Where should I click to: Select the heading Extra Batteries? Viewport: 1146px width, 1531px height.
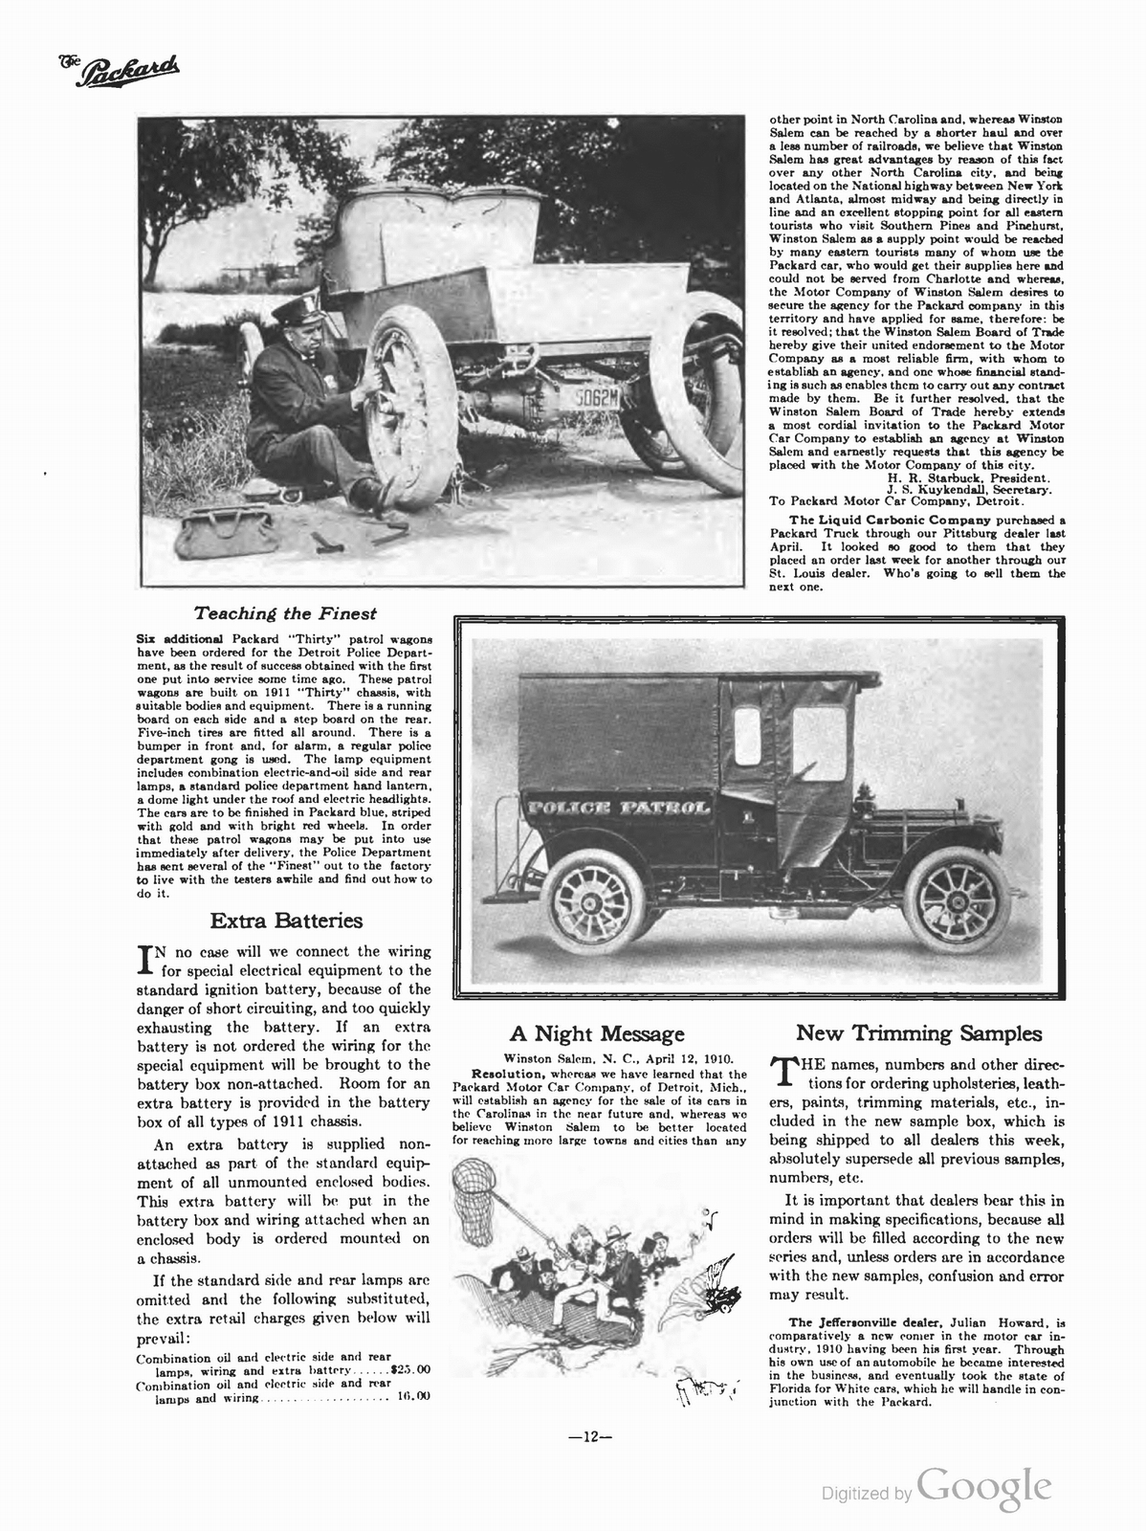286,921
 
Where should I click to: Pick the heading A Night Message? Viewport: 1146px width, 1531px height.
597,1033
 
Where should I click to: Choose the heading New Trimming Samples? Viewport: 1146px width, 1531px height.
918,1033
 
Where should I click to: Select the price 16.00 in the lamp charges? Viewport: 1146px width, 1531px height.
412,1396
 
